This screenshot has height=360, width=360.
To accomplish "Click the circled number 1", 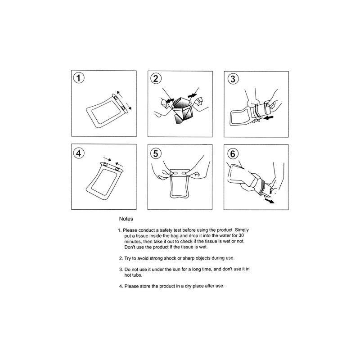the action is (78, 78).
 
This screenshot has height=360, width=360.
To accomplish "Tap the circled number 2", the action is (156, 78).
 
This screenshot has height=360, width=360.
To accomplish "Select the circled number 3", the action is (233, 79).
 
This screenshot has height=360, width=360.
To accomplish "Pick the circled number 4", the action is (78, 153).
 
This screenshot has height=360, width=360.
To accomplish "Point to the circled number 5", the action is (156, 153).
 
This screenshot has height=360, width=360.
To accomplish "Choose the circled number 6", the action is (233, 153).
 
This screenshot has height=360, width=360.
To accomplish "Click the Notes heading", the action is (126, 219).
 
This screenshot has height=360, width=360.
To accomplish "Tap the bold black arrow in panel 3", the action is (268, 118).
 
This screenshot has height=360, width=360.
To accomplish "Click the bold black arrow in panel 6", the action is (269, 201).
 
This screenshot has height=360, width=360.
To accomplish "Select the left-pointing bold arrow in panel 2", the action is (170, 100).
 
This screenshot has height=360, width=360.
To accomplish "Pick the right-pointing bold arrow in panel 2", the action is (193, 95).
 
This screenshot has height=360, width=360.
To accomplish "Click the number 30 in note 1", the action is (241, 235).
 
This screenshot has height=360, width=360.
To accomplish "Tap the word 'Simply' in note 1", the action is (242, 230).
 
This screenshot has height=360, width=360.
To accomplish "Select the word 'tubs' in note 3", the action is (137, 275).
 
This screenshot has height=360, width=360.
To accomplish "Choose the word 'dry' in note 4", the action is (188, 286).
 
